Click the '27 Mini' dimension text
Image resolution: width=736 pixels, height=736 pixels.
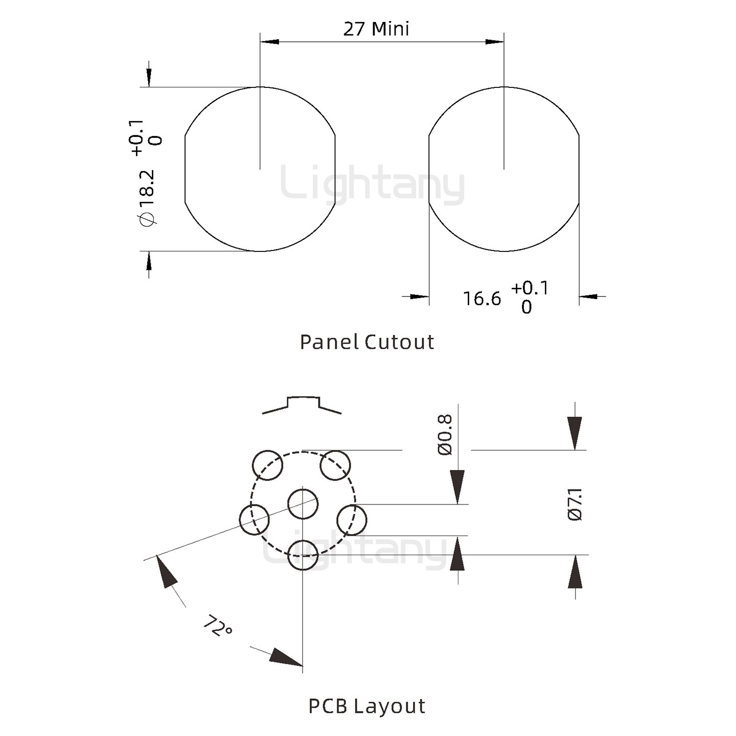[x=376, y=29]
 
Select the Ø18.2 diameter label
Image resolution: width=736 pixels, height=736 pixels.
[x=147, y=198]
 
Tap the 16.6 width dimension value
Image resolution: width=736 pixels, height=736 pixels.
[x=481, y=298]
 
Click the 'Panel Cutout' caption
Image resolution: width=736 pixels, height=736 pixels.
[x=366, y=341]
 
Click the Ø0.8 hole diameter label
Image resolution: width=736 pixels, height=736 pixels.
[x=445, y=434]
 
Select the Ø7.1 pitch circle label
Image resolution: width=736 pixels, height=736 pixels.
[x=575, y=504]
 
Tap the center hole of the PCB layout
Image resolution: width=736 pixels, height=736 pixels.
[x=303, y=504]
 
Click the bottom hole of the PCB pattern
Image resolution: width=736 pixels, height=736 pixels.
[x=303, y=555]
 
